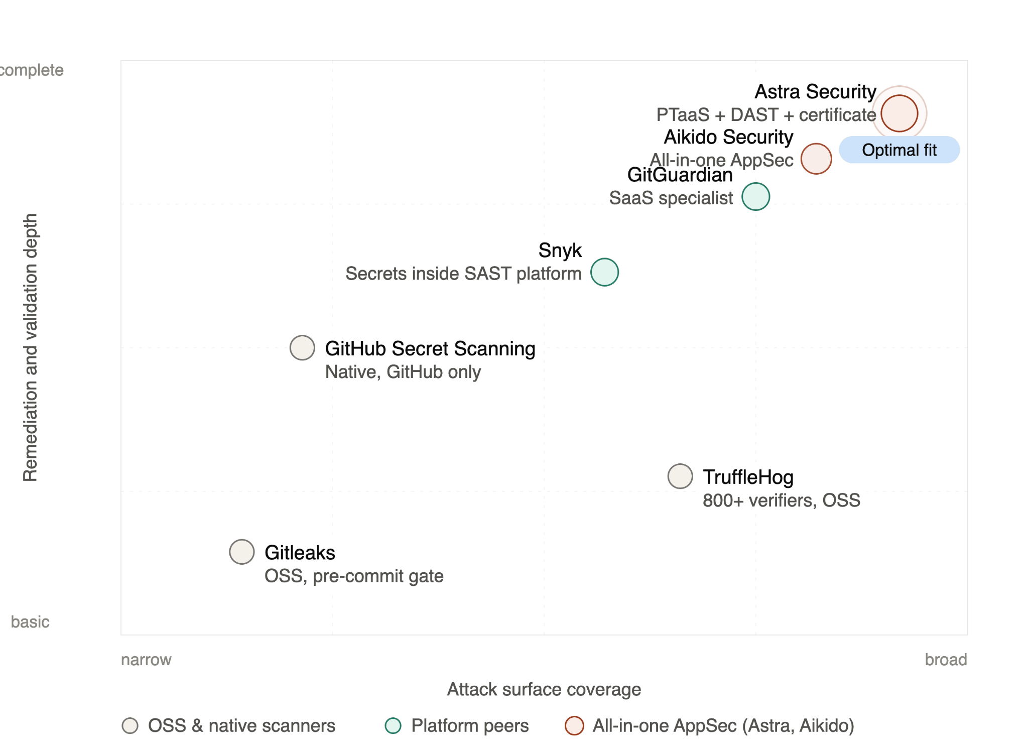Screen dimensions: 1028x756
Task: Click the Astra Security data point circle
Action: pyautogui.click(x=899, y=113)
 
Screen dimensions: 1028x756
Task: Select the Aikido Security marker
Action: pyautogui.click(x=816, y=159)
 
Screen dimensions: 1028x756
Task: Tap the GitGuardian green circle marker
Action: pyautogui.click(x=755, y=197)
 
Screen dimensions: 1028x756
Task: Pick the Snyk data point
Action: pyautogui.click(x=604, y=272)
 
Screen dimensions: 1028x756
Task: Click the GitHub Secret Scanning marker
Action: pyautogui.click(x=302, y=347)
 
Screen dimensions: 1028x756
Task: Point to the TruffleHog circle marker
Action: pyautogui.click(x=680, y=476)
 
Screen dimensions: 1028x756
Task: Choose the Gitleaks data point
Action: pyautogui.click(x=242, y=552)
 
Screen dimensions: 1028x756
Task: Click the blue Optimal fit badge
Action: pyautogui.click(x=899, y=150)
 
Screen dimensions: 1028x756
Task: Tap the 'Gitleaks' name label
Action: pyautogui.click(x=300, y=552)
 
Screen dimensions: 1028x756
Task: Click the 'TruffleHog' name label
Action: pyautogui.click(x=748, y=477)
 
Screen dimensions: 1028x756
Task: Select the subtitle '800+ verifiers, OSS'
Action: pyautogui.click(x=781, y=500)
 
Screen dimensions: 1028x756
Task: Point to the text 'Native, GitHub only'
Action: pyautogui.click(x=403, y=372)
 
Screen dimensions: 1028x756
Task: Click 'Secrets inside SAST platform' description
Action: pyautogui.click(x=463, y=274)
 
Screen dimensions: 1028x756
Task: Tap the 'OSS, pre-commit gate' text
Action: pyautogui.click(x=354, y=576)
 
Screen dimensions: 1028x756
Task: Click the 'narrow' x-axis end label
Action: pyautogui.click(x=146, y=660)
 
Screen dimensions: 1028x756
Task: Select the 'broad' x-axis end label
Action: pyautogui.click(x=946, y=660)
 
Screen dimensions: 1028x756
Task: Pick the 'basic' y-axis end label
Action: pyautogui.click(x=30, y=622)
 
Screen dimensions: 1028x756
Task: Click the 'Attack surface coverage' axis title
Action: pyautogui.click(x=544, y=689)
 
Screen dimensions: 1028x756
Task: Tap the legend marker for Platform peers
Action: pyautogui.click(x=393, y=725)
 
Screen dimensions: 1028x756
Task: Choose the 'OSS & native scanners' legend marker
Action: pyautogui.click(x=130, y=725)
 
